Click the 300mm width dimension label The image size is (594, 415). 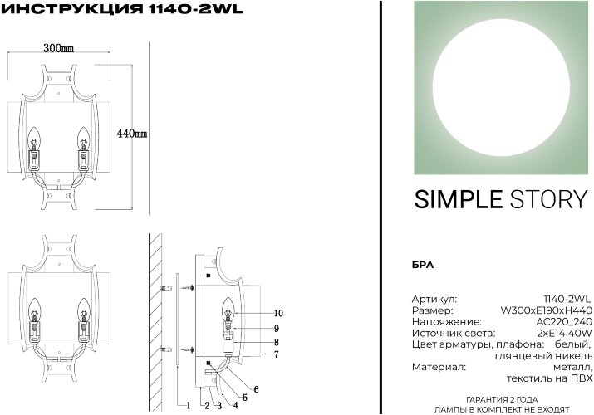pos(57,49)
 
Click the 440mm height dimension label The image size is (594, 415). pos(132,134)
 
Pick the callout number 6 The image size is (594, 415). pos(257,388)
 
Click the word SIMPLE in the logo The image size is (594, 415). pos(458,199)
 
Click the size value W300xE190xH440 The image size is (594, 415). pos(546,310)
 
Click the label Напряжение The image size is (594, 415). pos(446,321)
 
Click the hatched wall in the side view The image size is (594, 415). pos(155,315)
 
